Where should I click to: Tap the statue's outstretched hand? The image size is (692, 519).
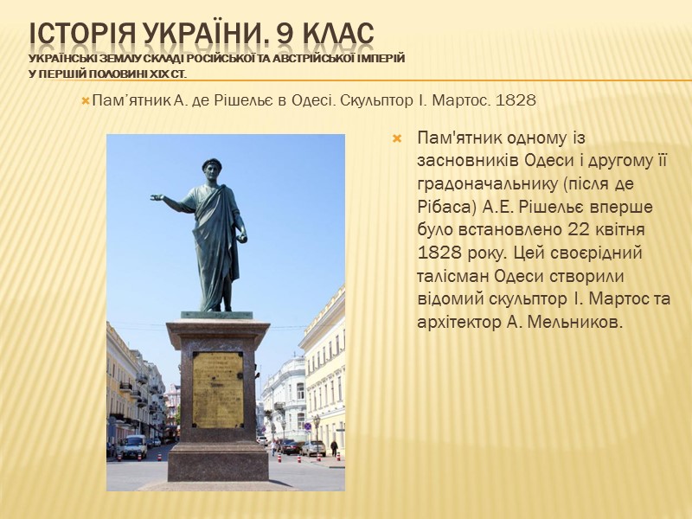(157, 198)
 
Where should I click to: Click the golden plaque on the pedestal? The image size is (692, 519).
(217, 389)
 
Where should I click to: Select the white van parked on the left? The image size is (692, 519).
(133, 446)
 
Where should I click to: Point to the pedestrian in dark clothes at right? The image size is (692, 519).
(334, 448)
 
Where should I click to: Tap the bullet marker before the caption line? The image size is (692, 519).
(85, 101)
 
